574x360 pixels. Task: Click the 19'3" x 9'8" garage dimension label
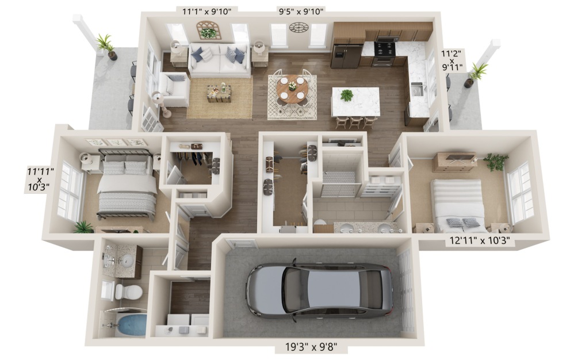point(311,346)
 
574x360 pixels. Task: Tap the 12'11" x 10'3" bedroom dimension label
point(480,241)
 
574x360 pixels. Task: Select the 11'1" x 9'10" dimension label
point(207,12)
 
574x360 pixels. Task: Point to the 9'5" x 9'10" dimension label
point(301,12)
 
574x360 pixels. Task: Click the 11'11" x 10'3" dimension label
point(40,179)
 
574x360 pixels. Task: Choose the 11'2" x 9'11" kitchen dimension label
point(451,60)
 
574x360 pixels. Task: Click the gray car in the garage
point(319,290)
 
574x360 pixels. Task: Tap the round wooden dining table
point(292,90)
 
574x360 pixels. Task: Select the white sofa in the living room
point(219,60)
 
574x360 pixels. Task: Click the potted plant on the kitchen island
point(346,95)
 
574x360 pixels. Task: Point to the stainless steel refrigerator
point(346,56)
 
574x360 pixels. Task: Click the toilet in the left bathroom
point(128,292)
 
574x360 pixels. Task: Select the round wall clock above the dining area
point(299,27)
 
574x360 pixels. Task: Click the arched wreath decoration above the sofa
point(208,30)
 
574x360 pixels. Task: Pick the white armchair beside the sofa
point(174,89)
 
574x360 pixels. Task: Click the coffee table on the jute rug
point(219,93)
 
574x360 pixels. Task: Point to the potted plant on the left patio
point(106,47)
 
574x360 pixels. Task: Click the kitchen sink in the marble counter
point(417,89)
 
